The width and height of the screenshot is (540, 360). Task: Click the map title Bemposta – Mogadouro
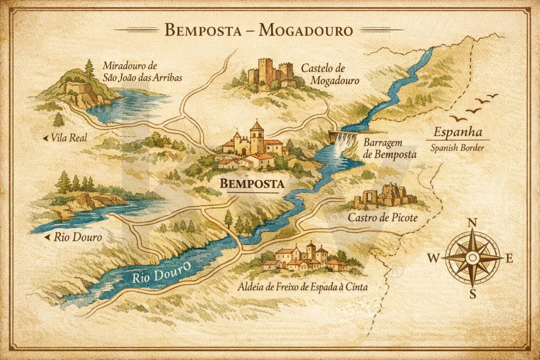tap(258, 30)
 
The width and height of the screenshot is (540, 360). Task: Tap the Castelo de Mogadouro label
tap(329, 74)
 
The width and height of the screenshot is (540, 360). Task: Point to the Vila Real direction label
tap(69, 137)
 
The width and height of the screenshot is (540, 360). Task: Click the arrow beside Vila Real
tap(45, 137)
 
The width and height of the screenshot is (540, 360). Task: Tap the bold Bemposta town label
tap(252, 184)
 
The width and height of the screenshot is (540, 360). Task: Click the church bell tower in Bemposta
tap(257, 136)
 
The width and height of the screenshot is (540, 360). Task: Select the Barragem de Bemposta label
tap(389, 148)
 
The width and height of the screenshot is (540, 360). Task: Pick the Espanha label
tap(457, 132)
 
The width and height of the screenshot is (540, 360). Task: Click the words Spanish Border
tap(457, 148)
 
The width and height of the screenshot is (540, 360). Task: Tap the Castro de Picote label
tap(382, 217)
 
